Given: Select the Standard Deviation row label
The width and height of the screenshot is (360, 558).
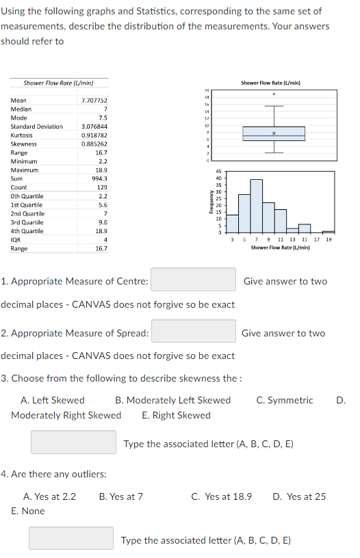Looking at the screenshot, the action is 37,127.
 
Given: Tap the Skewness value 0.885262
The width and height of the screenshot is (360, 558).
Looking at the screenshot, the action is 94,144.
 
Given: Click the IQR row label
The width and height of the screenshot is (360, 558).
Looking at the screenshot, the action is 16,239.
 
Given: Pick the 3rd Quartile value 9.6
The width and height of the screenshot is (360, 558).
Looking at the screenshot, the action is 101,222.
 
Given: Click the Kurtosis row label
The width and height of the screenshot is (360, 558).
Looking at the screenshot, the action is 23,135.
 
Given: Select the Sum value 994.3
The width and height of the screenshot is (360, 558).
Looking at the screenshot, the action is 99,178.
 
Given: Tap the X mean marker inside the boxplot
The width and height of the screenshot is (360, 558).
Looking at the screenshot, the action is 274,133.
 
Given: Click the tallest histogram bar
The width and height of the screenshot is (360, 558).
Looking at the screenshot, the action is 257,206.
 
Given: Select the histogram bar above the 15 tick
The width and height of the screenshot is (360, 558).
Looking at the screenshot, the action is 305,228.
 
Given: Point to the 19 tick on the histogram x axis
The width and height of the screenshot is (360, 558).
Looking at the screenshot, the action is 329,239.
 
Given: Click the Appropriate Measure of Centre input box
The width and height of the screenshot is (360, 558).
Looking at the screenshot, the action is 194,281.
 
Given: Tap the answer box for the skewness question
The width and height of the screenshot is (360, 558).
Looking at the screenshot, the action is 73,442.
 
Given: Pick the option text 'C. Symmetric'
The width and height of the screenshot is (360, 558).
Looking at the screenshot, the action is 285,400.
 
